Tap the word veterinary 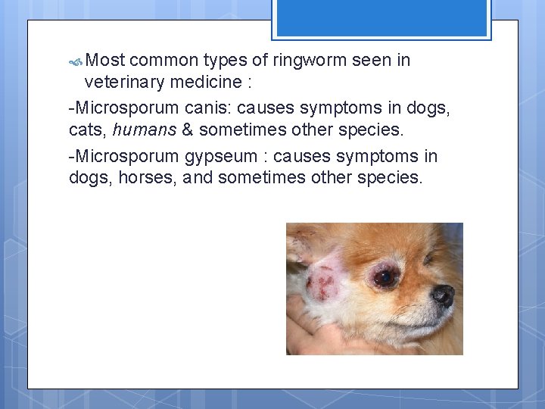[123, 81]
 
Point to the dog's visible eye [385, 277]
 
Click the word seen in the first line [371, 61]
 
